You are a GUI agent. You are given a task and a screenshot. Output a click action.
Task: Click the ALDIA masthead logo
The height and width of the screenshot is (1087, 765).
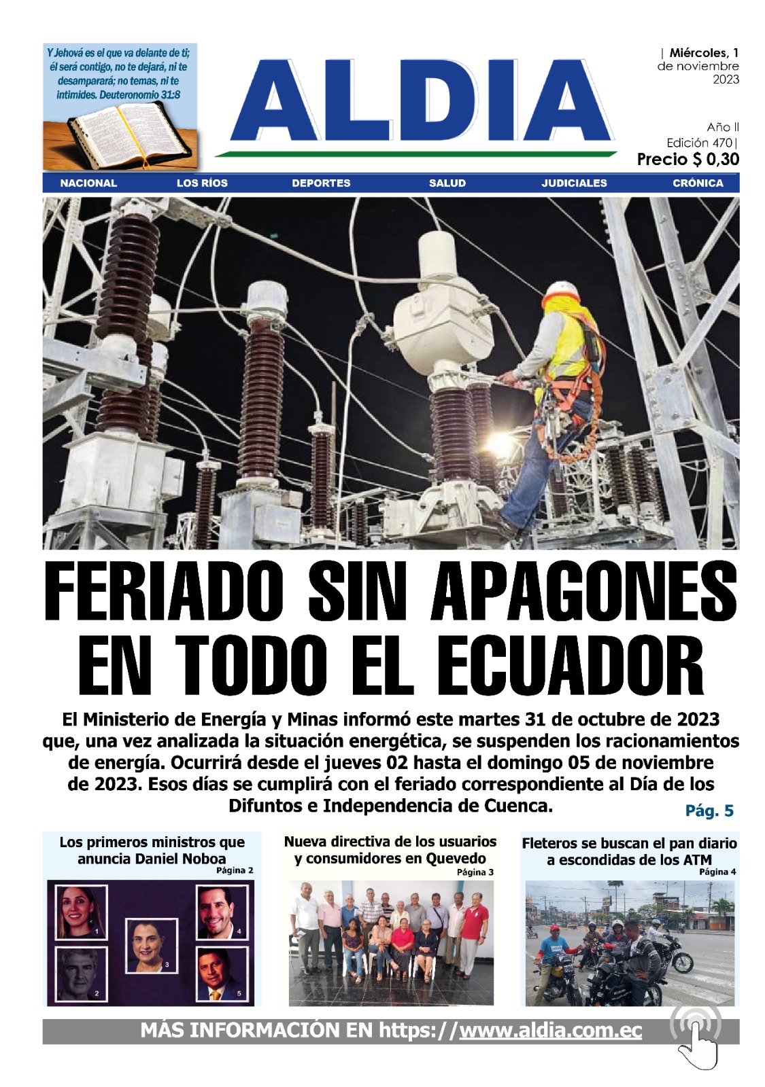coord(422,102)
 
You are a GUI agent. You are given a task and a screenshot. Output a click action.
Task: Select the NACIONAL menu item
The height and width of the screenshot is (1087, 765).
coord(88,183)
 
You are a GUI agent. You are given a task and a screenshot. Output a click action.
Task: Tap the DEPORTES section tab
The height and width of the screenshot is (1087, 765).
coord(321,183)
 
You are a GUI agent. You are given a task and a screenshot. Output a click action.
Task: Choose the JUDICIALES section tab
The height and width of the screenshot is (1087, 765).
coord(574,183)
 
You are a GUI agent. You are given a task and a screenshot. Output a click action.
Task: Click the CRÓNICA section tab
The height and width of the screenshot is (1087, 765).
coord(698,183)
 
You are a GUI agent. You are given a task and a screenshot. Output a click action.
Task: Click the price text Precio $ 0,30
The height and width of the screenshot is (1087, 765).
coord(687,160)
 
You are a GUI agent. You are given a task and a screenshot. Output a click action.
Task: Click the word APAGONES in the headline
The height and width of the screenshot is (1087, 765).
coord(583,591)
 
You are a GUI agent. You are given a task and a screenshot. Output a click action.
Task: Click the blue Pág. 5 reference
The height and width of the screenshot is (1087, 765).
coord(709,810)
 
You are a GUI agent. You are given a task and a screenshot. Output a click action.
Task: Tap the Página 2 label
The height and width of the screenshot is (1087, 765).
coord(235,870)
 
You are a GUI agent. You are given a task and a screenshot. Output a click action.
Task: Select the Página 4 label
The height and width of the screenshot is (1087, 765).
coord(717,872)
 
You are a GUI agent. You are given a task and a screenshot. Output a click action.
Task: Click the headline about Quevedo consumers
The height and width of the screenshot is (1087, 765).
coord(390,850)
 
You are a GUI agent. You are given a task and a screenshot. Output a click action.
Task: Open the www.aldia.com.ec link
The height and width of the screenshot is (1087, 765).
coord(550,1030)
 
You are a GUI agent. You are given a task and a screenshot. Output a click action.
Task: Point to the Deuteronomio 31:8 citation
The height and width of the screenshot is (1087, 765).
coord(139,95)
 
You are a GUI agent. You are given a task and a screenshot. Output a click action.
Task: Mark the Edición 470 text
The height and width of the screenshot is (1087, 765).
coord(700,143)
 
